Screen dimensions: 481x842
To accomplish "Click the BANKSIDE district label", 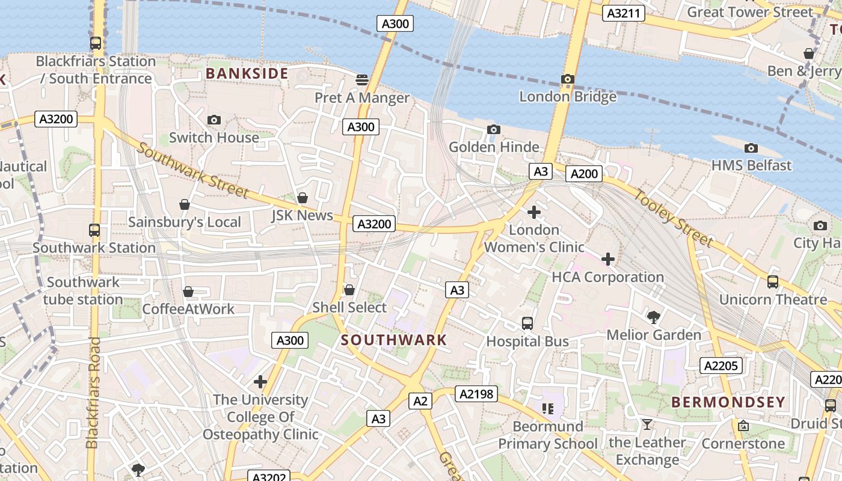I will [247, 74].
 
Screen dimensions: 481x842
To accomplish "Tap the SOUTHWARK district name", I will [394, 340].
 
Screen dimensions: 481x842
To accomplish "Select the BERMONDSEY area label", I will [728, 402].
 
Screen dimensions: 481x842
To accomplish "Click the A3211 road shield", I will [625, 13].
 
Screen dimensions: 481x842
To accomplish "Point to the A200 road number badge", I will [584, 174].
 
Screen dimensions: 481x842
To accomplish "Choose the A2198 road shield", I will [476, 394].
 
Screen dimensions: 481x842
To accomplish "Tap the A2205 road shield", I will [721, 366].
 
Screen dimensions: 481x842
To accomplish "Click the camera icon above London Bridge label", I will [567, 79].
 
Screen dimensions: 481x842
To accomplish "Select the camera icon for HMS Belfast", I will [751, 148].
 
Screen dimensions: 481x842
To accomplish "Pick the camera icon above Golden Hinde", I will [493, 129].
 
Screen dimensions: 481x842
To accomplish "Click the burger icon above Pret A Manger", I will [362, 80].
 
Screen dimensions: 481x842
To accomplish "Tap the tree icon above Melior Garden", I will [653, 317].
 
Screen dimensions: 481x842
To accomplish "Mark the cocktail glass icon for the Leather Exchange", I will [647, 424].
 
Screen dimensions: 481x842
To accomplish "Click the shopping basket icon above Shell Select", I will [349, 290].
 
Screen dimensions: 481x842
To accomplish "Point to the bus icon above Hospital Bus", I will [527, 323].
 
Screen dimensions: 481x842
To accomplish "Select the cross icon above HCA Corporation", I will [607, 259].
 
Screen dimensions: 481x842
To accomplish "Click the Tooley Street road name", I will [674, 218].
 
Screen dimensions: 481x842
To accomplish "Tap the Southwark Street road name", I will [192, 170].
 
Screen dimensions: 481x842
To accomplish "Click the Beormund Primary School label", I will [547, 435].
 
